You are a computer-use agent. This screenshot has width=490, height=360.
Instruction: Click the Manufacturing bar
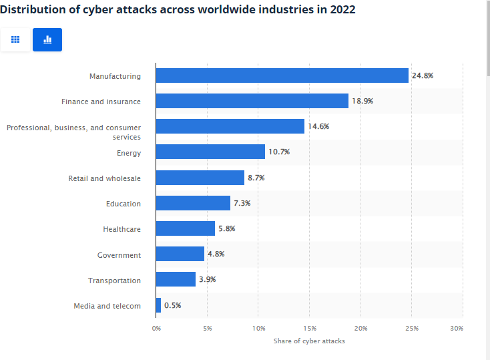tap(282, 75)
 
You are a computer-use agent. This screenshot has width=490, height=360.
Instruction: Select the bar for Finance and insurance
tap(252, 101)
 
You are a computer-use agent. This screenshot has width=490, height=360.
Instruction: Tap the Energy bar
tap(210, 152)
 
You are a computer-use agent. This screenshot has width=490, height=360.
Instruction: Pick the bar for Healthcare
tap(185, 229)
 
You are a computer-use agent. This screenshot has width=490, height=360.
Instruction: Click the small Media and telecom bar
tap(158, 305)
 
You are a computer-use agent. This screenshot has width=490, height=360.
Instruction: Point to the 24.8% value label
tap(423, 75)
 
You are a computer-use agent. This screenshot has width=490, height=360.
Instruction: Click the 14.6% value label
tap(318, 126)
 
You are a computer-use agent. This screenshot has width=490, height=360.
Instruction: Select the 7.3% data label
tap(242, 203)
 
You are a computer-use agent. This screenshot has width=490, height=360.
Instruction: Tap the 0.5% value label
tap(172, 305)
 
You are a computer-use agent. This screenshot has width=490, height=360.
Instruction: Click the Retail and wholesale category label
tap(104, 178)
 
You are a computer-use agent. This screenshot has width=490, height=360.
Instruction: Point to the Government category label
tap(119, 255)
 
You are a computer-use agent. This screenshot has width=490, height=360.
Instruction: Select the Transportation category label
tap(114, 281)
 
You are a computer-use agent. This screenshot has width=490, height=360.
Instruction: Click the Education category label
tap(123, 204)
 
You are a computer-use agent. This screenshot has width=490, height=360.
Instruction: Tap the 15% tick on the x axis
tap(310, 328)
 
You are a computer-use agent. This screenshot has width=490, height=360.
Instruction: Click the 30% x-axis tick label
tap(457, 328)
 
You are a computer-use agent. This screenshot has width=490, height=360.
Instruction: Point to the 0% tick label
tap(156, 328)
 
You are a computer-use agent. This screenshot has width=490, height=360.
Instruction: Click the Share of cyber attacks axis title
tap(309, 341)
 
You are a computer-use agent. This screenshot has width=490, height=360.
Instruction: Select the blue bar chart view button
tap(47, 40)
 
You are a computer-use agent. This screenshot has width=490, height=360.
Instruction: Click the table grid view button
tap(15, 40)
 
